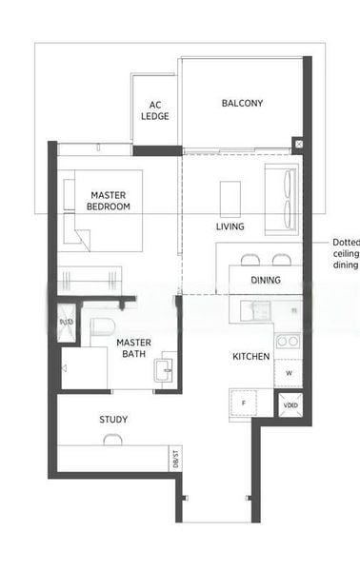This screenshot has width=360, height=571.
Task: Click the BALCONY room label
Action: (242, 103)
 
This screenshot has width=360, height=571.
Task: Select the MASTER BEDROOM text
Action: (108, 201)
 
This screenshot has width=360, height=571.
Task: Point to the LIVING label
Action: (230, 226)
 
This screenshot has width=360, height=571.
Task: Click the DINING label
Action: (266, 281)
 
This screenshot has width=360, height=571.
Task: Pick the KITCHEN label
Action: (251, 357)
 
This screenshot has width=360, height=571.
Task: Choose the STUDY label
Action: (113, 420)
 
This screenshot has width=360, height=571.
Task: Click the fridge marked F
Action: (244, 404)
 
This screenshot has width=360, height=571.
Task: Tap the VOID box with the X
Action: (290, 404)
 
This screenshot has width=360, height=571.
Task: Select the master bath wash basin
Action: (167, 367)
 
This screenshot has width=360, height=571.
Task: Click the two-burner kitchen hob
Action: (288, 340)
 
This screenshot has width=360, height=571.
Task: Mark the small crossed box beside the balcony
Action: (298, 144)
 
